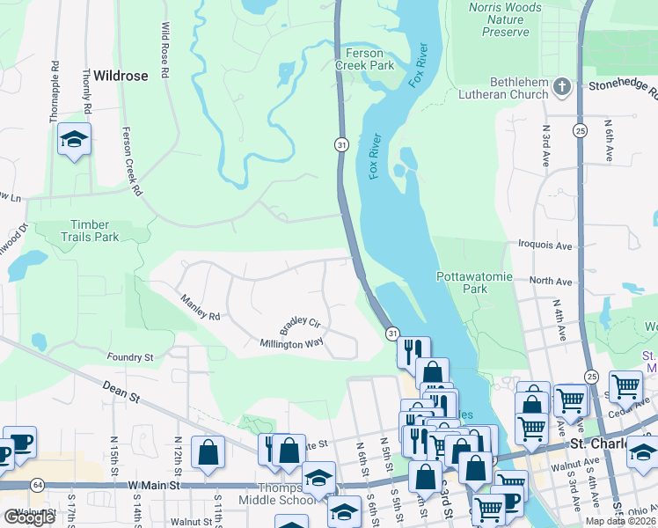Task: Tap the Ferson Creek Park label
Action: pos(365,58)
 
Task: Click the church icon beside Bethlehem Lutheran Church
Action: pos(565,87)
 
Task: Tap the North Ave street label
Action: pos(551,282)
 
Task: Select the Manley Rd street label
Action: pos(200,309)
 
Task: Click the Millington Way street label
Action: pos(292,344)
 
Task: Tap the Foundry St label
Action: pos(129,357)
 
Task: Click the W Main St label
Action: pos(154,485)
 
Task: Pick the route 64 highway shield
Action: pos(37,485)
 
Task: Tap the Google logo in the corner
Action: pos(29,517)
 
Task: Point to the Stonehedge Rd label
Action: pos(622,88)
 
